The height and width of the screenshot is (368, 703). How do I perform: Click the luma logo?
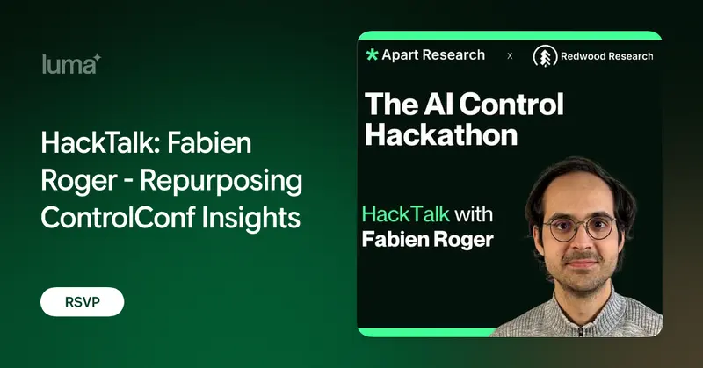[x=72, y=63]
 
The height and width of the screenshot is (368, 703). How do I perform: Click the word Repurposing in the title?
[x=221, y=181]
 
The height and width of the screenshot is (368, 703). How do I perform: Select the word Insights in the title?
[x=251, y=219]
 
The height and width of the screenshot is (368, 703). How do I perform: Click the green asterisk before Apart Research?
[x=372, y=54]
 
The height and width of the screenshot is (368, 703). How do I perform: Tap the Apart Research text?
[x=433, y=55]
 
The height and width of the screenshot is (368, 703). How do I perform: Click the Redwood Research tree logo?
[x=545, y=57]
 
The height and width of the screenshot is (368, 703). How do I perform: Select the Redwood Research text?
[x=606, y=56]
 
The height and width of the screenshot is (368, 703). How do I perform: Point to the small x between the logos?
[x=510, y=56]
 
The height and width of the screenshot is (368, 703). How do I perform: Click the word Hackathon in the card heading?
[x=441, y=134]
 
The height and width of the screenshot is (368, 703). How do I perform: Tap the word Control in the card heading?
[x=511, y=104]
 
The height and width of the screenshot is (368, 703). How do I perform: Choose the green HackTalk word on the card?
[x=405, y=213]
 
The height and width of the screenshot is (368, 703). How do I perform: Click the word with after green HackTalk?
[x=474, y=213]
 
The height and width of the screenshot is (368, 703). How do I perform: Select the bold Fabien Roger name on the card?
[x=427, y=240]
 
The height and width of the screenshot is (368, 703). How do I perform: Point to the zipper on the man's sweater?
[x=581, y=331]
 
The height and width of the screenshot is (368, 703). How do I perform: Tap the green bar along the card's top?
[x=510, y=36]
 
